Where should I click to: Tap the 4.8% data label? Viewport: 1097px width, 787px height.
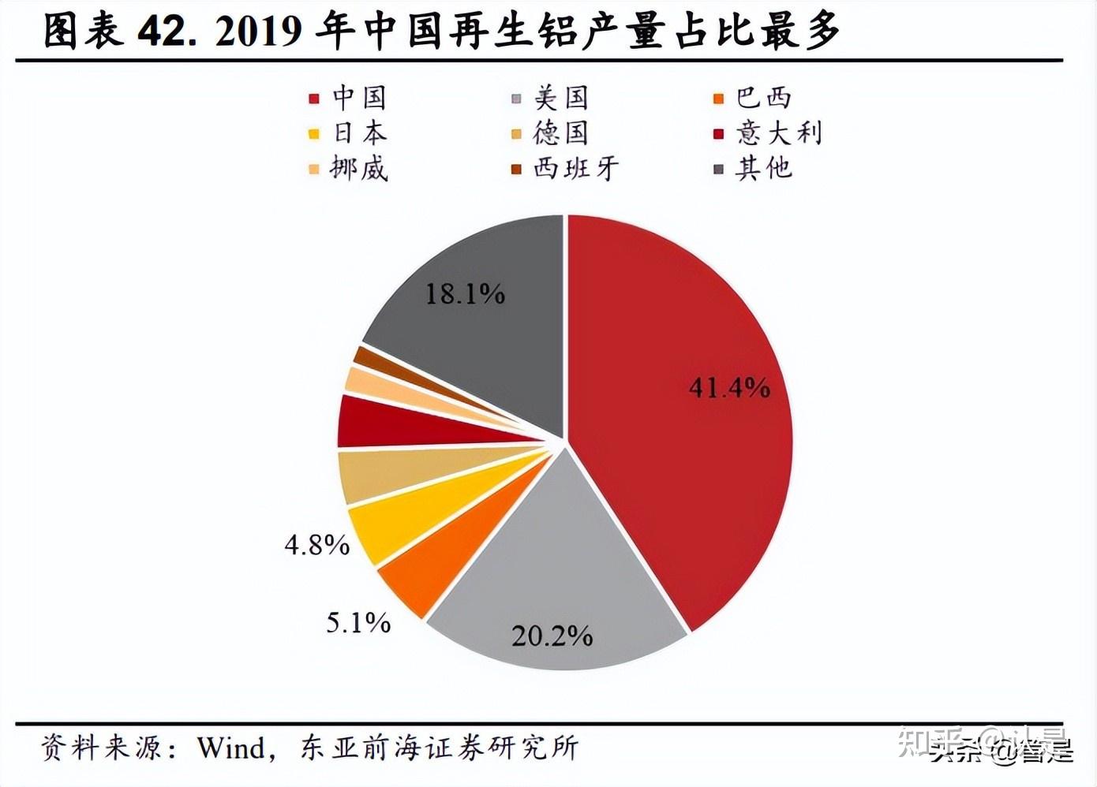[x=317, y=544]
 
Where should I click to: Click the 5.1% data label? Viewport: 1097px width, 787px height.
[x=358, y=623]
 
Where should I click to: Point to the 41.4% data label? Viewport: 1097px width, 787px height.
[x=728, y=387]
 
